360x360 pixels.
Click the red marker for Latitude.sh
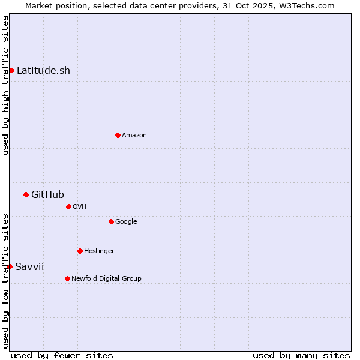[11, 71]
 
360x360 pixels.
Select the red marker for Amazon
[118, 135]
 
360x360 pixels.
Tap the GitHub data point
[26, 194]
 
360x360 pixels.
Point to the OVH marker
[68, 206]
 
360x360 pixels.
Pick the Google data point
[111, 221]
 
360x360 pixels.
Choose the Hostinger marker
[80, 251]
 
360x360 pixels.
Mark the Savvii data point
[10, 266]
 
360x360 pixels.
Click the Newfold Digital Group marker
[67, 278]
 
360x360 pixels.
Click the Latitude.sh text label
[43, 71]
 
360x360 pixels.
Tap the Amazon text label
[134, 136]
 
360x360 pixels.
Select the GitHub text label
[47, 194]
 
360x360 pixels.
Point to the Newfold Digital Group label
[106, 278]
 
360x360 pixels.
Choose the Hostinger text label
[99, 251]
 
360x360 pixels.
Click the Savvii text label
[29, 266]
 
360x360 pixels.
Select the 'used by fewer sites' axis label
[62, 355]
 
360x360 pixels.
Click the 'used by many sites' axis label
[301, 355]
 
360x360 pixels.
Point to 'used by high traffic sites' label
[5, 85]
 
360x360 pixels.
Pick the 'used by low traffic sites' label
[5, 281]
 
